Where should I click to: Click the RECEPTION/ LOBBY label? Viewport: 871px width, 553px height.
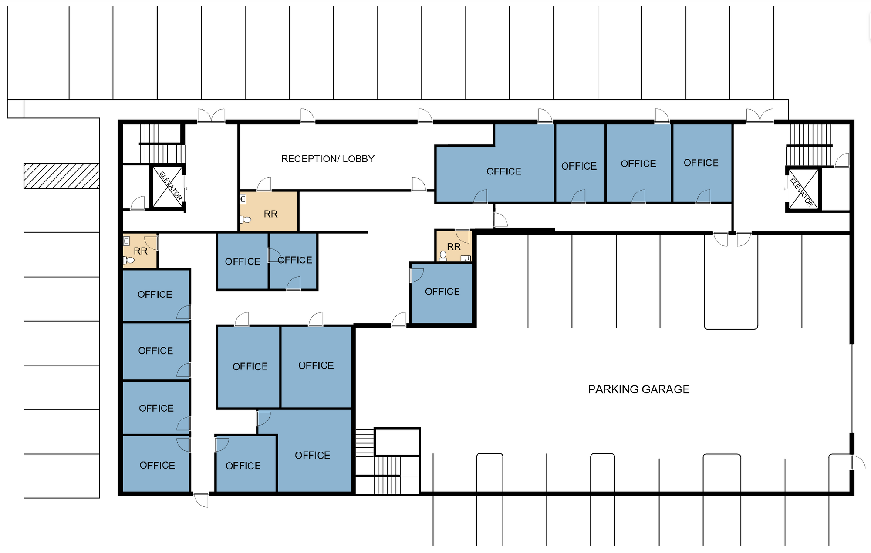tap(327, 159)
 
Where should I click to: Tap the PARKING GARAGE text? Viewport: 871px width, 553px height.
tap(638, 389)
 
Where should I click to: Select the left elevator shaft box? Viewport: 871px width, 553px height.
tap(168, 187)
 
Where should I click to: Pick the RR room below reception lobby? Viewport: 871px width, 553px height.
tap(269, 211)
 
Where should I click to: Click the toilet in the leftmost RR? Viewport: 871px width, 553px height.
tap(128, 260)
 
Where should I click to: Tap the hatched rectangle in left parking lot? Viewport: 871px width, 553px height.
tap(61, 176)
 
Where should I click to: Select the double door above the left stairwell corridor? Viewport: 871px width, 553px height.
tap(211, 116)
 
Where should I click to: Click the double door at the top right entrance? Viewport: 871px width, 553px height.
tap(760, 116)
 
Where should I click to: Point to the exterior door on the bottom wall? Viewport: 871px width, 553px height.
tap(201, 500)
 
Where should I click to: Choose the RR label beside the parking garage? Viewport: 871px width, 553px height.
tap(454, 247)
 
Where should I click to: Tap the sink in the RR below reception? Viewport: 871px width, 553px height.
tap(243, 199)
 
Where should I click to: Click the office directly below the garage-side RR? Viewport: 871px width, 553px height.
tap(442, 293)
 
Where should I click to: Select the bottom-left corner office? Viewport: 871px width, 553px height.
tap(156, 464)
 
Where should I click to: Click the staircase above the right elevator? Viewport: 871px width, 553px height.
tap(810, 145)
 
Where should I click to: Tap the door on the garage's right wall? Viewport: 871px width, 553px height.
tap(858, 462)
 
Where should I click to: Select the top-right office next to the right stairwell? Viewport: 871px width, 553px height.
tap(702, 163)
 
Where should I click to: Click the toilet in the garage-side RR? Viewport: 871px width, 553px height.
tap(443, 256)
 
